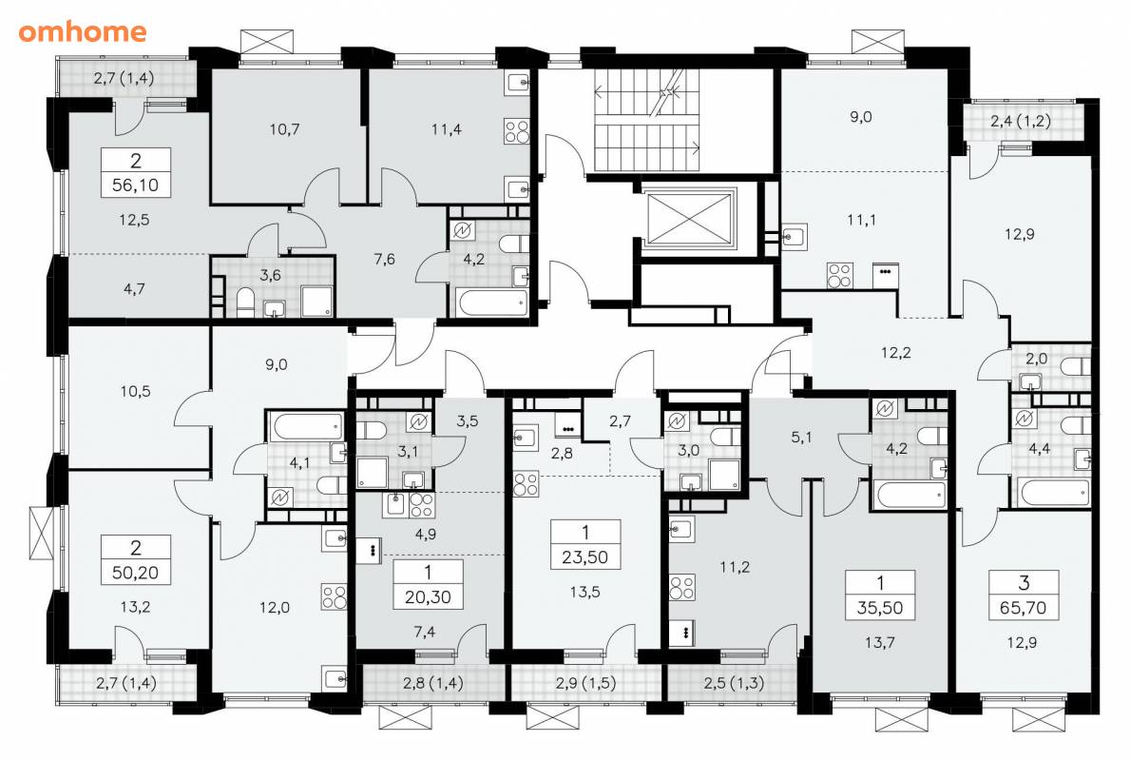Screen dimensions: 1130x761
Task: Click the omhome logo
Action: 82,31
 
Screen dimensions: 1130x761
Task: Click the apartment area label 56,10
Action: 136,185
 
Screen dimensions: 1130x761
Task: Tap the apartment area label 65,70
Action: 1023,607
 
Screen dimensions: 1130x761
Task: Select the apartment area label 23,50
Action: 585,556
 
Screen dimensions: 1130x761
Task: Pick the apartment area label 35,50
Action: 880,607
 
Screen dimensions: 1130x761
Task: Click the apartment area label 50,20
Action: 136,573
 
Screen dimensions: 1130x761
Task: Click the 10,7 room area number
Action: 285,129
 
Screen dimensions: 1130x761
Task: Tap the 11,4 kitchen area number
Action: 447,129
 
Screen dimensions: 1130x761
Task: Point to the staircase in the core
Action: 647,120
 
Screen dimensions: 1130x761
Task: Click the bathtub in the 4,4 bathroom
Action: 1054,493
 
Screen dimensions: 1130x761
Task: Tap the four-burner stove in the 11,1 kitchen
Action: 839,275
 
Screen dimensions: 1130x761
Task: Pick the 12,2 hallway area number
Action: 896,352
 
